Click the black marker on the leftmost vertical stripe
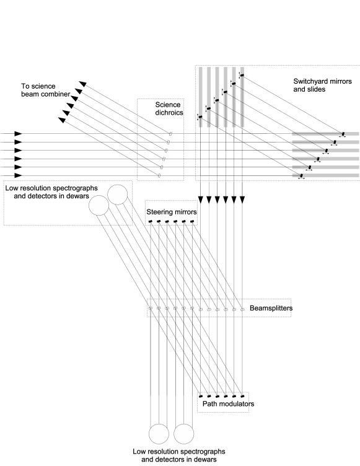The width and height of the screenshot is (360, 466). [200, 116]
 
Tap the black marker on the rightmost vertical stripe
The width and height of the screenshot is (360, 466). [242, 75]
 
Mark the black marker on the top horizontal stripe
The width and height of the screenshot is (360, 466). [343, 134]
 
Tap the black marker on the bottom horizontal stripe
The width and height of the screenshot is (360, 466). [301, 175]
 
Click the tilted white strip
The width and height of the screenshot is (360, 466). [168, 156]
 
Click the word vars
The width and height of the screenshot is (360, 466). [83, 196]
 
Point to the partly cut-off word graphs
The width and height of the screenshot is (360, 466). [87, 188]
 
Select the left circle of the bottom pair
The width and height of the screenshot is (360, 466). [159, 434]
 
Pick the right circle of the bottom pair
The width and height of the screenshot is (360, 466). [184, 434]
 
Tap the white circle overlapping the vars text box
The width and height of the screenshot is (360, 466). [99, 206]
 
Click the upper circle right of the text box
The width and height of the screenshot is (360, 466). [118, 195]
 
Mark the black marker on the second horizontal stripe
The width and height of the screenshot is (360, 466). [335, 142]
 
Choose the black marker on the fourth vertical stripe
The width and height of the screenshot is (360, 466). [226, 92]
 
